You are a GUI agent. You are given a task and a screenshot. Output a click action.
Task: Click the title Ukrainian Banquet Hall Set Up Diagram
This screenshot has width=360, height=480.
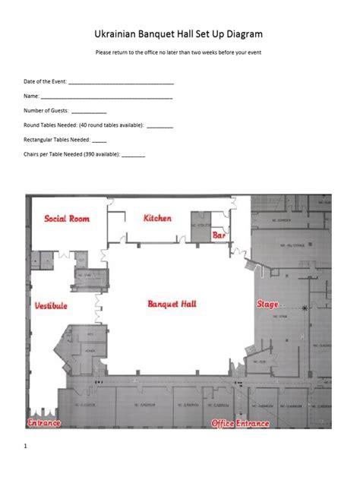[x=179, y=34]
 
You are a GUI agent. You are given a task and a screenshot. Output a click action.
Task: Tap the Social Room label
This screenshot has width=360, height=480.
[x=67, y=219]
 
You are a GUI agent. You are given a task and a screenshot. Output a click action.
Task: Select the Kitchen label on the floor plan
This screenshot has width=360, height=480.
[x=157, y=218]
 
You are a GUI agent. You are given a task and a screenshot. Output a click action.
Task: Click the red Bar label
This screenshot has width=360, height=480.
[x=219, y=236]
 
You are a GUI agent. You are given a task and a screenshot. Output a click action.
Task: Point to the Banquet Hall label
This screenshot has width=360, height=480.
[x=172, y=304]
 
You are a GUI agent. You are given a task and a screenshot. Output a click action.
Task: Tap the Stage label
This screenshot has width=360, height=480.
[x=267, y=305]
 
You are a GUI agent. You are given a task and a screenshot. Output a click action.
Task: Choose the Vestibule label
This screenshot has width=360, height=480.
[x=51, y=306]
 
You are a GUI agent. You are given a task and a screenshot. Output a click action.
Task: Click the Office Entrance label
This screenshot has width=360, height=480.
[x=240, y=423]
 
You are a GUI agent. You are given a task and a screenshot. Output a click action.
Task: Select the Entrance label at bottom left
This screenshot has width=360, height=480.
[x=45, y=422]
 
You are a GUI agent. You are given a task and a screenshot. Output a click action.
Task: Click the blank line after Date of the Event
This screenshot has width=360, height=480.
[x=121, y=82]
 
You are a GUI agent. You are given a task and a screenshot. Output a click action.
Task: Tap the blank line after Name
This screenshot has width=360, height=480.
[x=106, y=96]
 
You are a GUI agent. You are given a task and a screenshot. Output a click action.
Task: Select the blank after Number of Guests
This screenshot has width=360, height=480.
[x=89, y=112]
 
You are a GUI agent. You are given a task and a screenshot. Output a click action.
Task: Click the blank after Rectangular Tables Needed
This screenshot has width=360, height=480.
[x=99, y=141]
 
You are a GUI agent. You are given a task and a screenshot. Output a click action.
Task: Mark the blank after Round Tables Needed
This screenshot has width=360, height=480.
[x=159, y=126]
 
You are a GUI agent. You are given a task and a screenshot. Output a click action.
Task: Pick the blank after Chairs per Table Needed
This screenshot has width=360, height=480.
[x=133, y=155]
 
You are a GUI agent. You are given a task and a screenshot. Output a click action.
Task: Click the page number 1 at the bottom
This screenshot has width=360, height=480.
[x=25, y=447]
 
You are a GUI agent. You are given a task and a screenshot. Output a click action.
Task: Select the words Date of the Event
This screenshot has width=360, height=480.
[x=45, y=81]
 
